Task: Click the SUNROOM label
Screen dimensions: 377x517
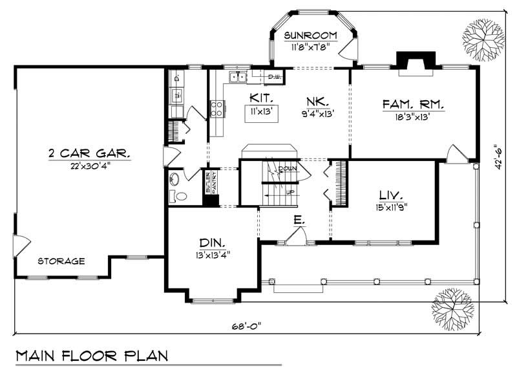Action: pos(311,35)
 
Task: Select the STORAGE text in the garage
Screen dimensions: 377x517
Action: pos(61,261)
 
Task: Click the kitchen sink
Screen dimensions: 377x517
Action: pos(237,78)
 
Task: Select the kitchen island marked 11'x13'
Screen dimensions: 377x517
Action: pos(262,111)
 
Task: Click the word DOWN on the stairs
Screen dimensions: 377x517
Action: pos(288,169)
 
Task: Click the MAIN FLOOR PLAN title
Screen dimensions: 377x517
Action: pos(91,356)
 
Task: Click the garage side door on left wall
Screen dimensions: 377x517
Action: pos(21,246)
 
